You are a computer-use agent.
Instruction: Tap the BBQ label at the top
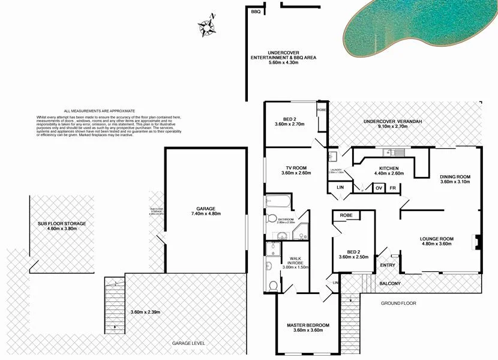coord(255,11)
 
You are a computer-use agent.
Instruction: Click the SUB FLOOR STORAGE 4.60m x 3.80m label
coord(62,226)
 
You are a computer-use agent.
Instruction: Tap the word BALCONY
coord(390,283)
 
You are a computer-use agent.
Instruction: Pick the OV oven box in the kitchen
coord(379,188)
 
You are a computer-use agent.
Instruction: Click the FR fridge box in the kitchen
coord(393,188)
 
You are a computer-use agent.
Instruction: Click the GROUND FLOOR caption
coord(398,304)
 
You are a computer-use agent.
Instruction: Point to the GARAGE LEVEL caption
coord(188,343)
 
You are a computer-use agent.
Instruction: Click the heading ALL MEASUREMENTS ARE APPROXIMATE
coord(99,111)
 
